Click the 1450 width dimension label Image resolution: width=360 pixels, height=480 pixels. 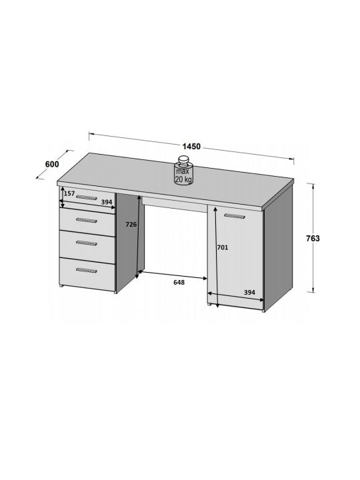[191, 146]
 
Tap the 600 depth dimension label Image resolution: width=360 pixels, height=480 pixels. [52, 164]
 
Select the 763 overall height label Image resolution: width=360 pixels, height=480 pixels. [313, 238]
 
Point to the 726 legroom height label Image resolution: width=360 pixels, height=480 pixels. [131, 225]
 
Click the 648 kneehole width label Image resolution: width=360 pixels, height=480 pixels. [179, 282]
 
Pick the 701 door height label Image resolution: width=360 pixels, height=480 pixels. [223, 247]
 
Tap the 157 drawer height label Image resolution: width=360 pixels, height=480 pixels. [69, 193]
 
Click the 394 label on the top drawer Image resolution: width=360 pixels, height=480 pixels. [107, 202]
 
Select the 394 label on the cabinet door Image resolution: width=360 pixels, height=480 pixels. [249, 293]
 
